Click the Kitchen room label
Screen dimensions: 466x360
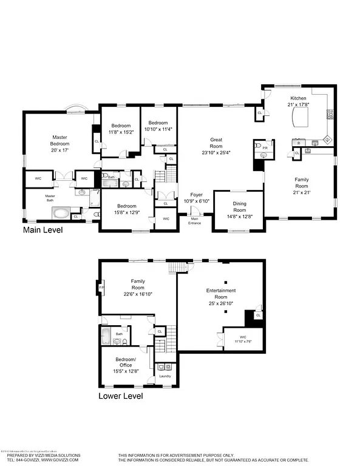(x=298, y=98)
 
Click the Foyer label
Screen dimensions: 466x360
(x=196, y=194)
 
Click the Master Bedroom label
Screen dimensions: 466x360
(x=59, y=140)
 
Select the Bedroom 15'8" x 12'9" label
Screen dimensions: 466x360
(x=127, y=205)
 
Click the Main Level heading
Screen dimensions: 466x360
(x=42, y=231)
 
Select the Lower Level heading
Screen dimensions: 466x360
(x=121, y=396)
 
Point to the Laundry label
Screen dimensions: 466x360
(x=165, y=376)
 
